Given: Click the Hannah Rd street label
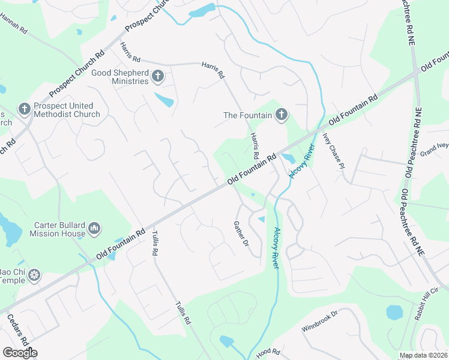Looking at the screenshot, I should pyautogui.click(x=16, y=24).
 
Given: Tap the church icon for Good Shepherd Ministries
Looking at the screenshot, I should pyautogui.click(x=157, y=76).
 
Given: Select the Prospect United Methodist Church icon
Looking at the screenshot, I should pyautogui.click(x=24, y=109).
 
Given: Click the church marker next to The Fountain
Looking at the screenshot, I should pyautogui.click(x=282, y=115).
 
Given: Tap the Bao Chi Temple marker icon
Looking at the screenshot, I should pyautogui.click(x=35, y=275).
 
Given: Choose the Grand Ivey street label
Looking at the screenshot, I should pyautogui.click(x=434, y=148).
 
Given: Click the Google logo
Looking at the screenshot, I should pyautogui.click(x=20, y=352).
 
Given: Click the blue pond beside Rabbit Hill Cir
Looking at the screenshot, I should pyautogui.click(x=394, y=312).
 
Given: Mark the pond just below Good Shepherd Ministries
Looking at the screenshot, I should pyautogui.click(x=164, y=99).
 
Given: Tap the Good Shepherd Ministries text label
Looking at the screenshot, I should pyautogui.click(x=119, y=77).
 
